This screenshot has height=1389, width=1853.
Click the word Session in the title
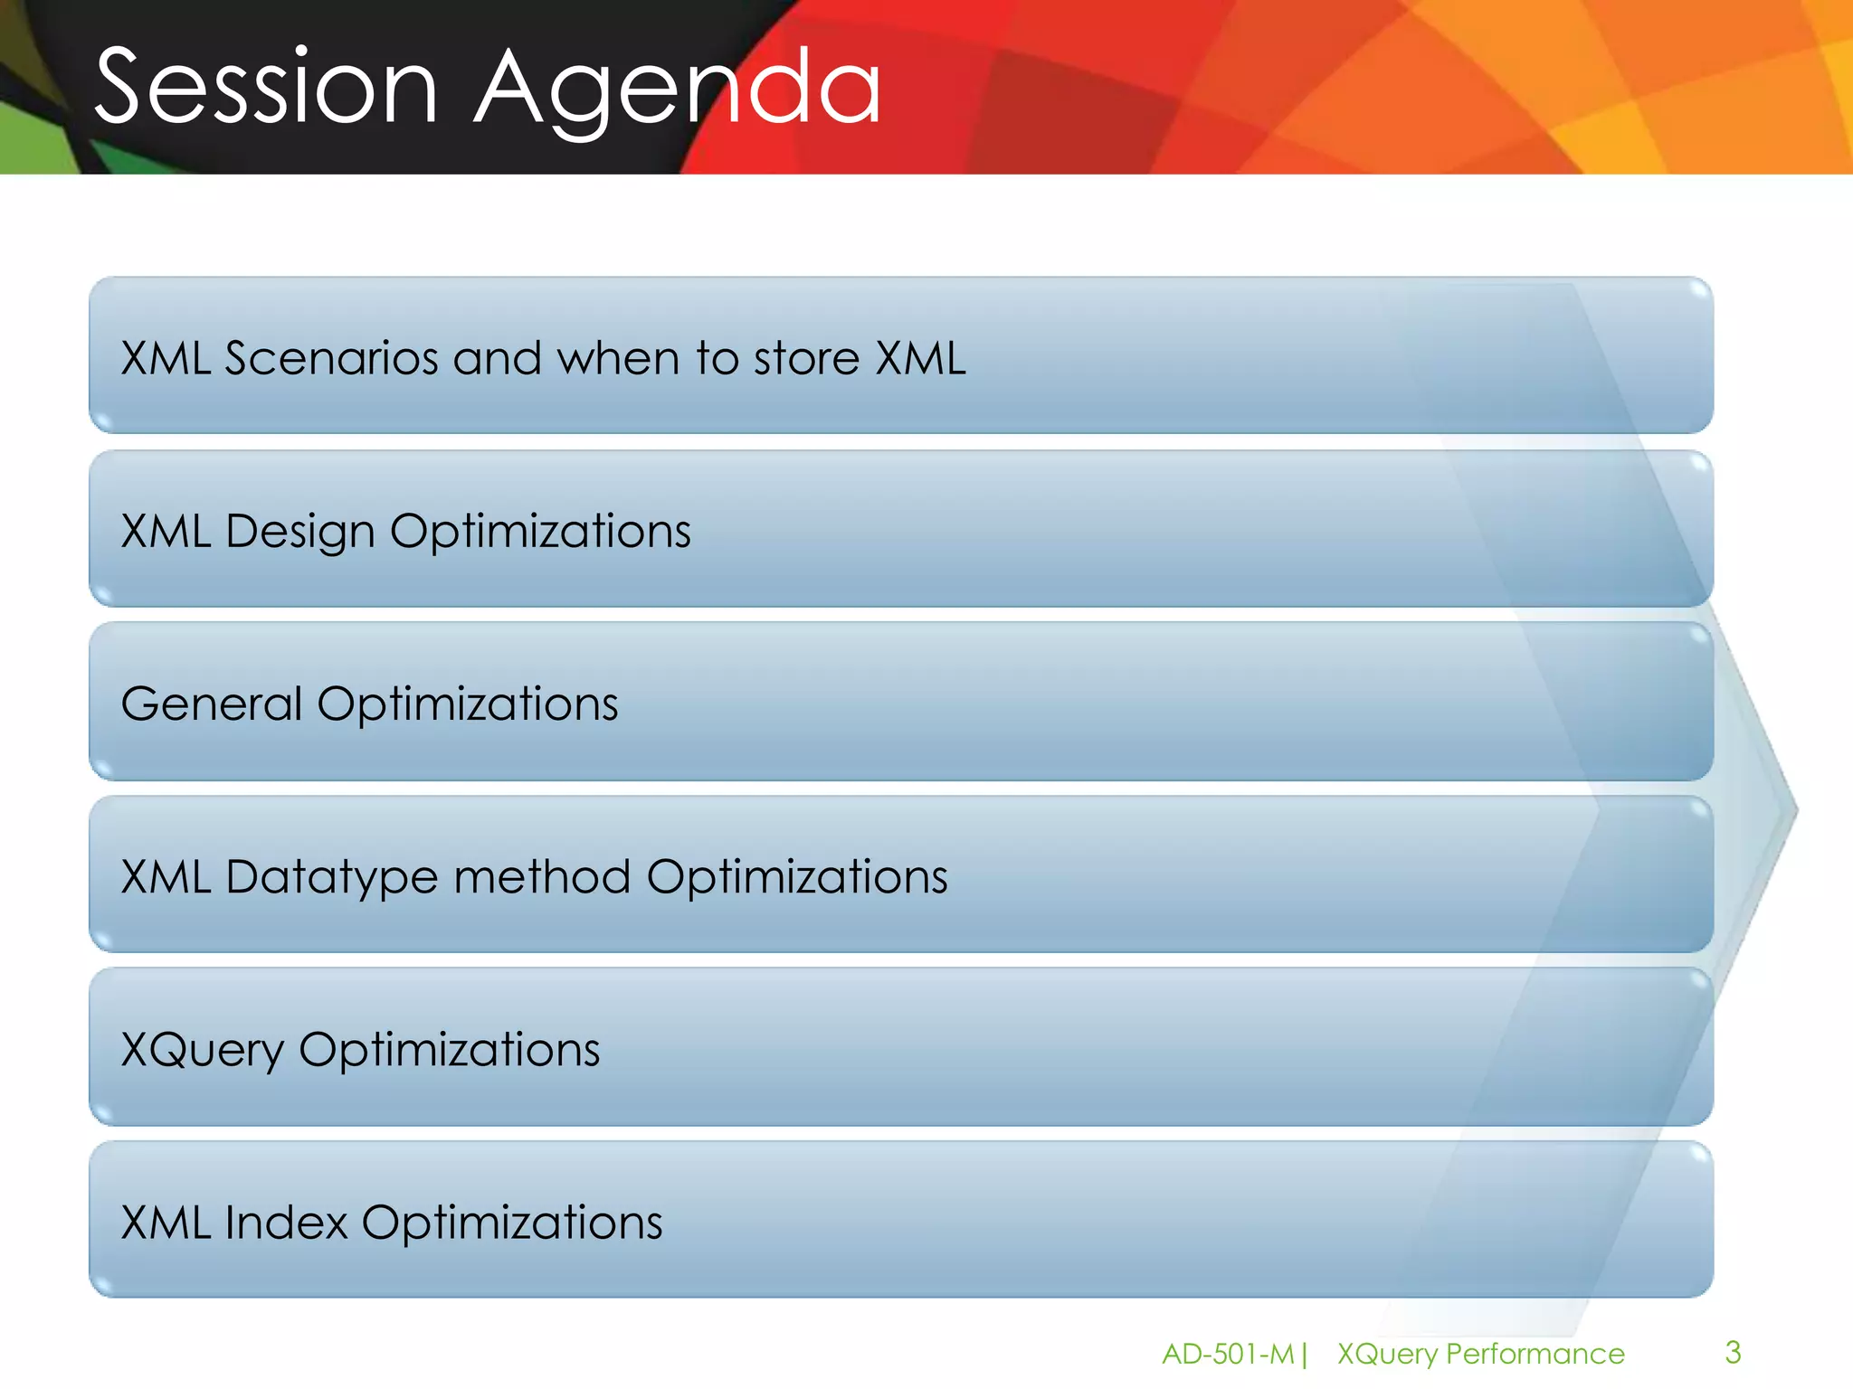coord(266,88)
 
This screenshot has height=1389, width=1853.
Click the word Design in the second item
coord(299,532)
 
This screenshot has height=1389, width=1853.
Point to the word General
coord(212,704)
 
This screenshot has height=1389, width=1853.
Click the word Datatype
coord(331,878)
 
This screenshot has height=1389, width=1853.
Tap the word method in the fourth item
coord(541,877)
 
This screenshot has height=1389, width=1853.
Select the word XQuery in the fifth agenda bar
coord(203,1051)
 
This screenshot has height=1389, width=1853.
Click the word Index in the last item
coord(286,1223)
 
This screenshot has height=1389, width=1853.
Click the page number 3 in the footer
coord(1733,1352)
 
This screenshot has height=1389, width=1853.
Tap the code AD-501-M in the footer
coord(1228,1354)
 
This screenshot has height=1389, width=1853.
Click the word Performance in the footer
coord(1535,1354)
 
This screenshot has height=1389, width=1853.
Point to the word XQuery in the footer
coord(1387,1355)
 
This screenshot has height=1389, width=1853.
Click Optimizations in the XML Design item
coord(540,532)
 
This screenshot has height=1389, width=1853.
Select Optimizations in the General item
coord(467,704)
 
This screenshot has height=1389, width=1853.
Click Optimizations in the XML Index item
coord(512,1223)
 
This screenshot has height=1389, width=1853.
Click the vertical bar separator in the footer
coord(1304,1354)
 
